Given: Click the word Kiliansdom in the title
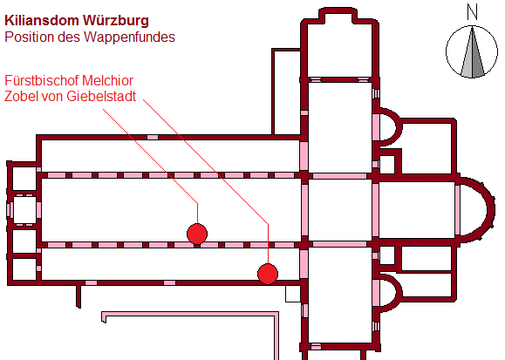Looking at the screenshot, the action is [x=41, y=21].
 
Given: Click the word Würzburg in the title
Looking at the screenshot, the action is [x=116, y=21].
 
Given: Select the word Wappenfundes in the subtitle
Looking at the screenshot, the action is [x=129, y=37].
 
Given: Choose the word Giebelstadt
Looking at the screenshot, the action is [x=101, y=96].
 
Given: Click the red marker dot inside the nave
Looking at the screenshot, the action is [x=197, y=234].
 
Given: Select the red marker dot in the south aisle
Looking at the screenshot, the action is [x=268, y=274].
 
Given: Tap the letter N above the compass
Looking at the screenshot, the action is [x=472, y=13].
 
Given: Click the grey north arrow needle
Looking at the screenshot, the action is [x=472, y=52].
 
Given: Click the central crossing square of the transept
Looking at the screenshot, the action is [x=340, y=210].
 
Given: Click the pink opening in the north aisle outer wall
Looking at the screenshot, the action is [x=153, y=137].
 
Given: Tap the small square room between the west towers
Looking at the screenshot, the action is [x=24, y=209].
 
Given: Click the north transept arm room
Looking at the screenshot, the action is [x=340, y=127].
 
